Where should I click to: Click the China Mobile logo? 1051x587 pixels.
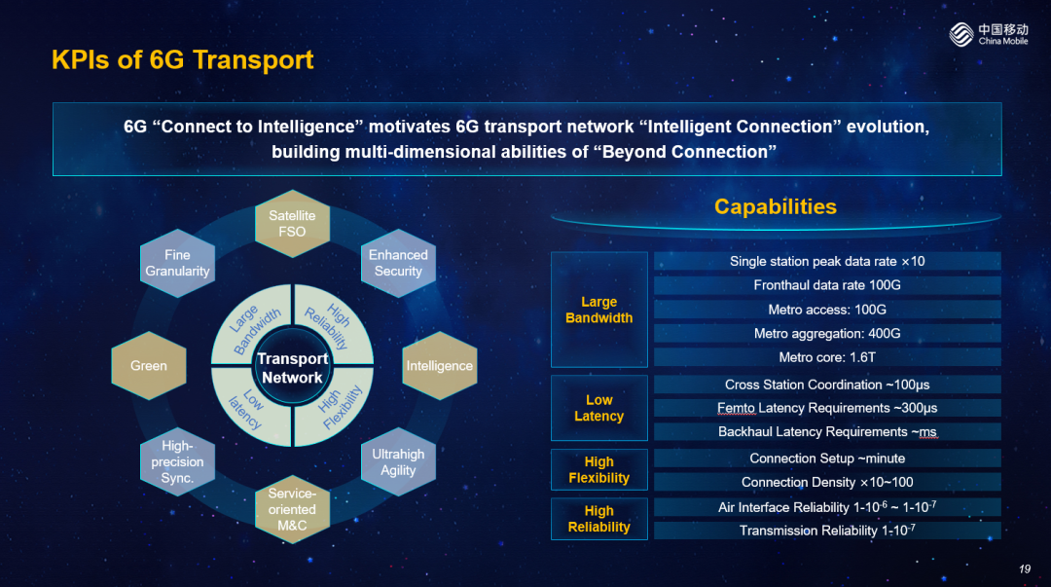point(989,33)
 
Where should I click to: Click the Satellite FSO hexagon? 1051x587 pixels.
point(292,223)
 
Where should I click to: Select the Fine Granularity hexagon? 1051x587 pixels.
point(178,263)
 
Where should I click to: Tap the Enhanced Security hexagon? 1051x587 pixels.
point(398,263)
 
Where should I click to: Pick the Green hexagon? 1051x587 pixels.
point(149,366)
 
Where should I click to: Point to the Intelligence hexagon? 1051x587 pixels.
point(440,366)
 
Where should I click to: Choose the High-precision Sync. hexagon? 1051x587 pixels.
point(178,461)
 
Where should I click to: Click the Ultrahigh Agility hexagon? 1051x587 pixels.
point(398,461)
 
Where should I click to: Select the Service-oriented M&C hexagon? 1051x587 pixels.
point(292,509)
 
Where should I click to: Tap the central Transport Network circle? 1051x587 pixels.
point(292,368)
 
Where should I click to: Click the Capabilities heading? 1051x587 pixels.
point(776,206)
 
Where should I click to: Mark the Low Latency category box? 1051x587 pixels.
point(599,408)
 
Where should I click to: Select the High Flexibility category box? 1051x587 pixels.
point(599,469)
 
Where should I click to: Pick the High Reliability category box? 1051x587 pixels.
point(599,519)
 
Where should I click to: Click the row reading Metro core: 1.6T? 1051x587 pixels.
point(827,357)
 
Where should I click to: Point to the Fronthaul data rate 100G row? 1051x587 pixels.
point(827,285)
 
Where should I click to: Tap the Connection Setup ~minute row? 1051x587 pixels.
point(827,459)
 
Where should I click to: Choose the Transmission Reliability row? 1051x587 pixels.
point(827,531)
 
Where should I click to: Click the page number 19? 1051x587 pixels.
point(1024,569)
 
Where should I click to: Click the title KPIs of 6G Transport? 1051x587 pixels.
point(182,59)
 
